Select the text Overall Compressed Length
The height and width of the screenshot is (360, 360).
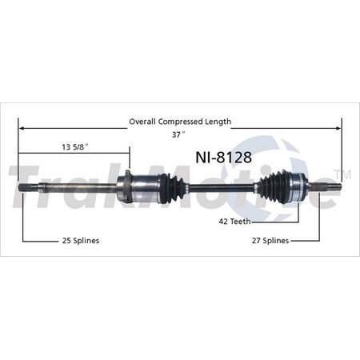180,122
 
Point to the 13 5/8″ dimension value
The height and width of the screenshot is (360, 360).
74,146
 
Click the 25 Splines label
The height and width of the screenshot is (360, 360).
80,241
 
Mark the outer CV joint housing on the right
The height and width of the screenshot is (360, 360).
298,189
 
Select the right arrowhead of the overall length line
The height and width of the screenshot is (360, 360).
338,128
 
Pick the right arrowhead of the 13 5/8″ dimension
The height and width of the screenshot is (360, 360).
126,154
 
